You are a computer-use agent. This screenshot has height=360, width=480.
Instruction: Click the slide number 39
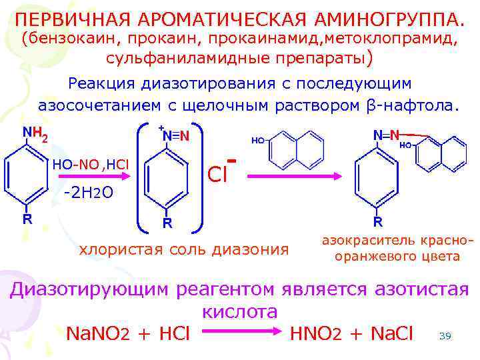click(x=445, y=336)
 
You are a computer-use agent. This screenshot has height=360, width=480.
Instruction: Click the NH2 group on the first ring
click(x=34, y=135)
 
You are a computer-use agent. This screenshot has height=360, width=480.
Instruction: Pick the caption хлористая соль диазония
click(x=184, y=250)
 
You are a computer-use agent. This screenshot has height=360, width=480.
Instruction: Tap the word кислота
click(x=239, y=312)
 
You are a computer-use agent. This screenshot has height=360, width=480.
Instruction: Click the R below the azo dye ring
click(x=377, y=221)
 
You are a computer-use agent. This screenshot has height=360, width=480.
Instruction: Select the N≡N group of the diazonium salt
click(x=176, y=135)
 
